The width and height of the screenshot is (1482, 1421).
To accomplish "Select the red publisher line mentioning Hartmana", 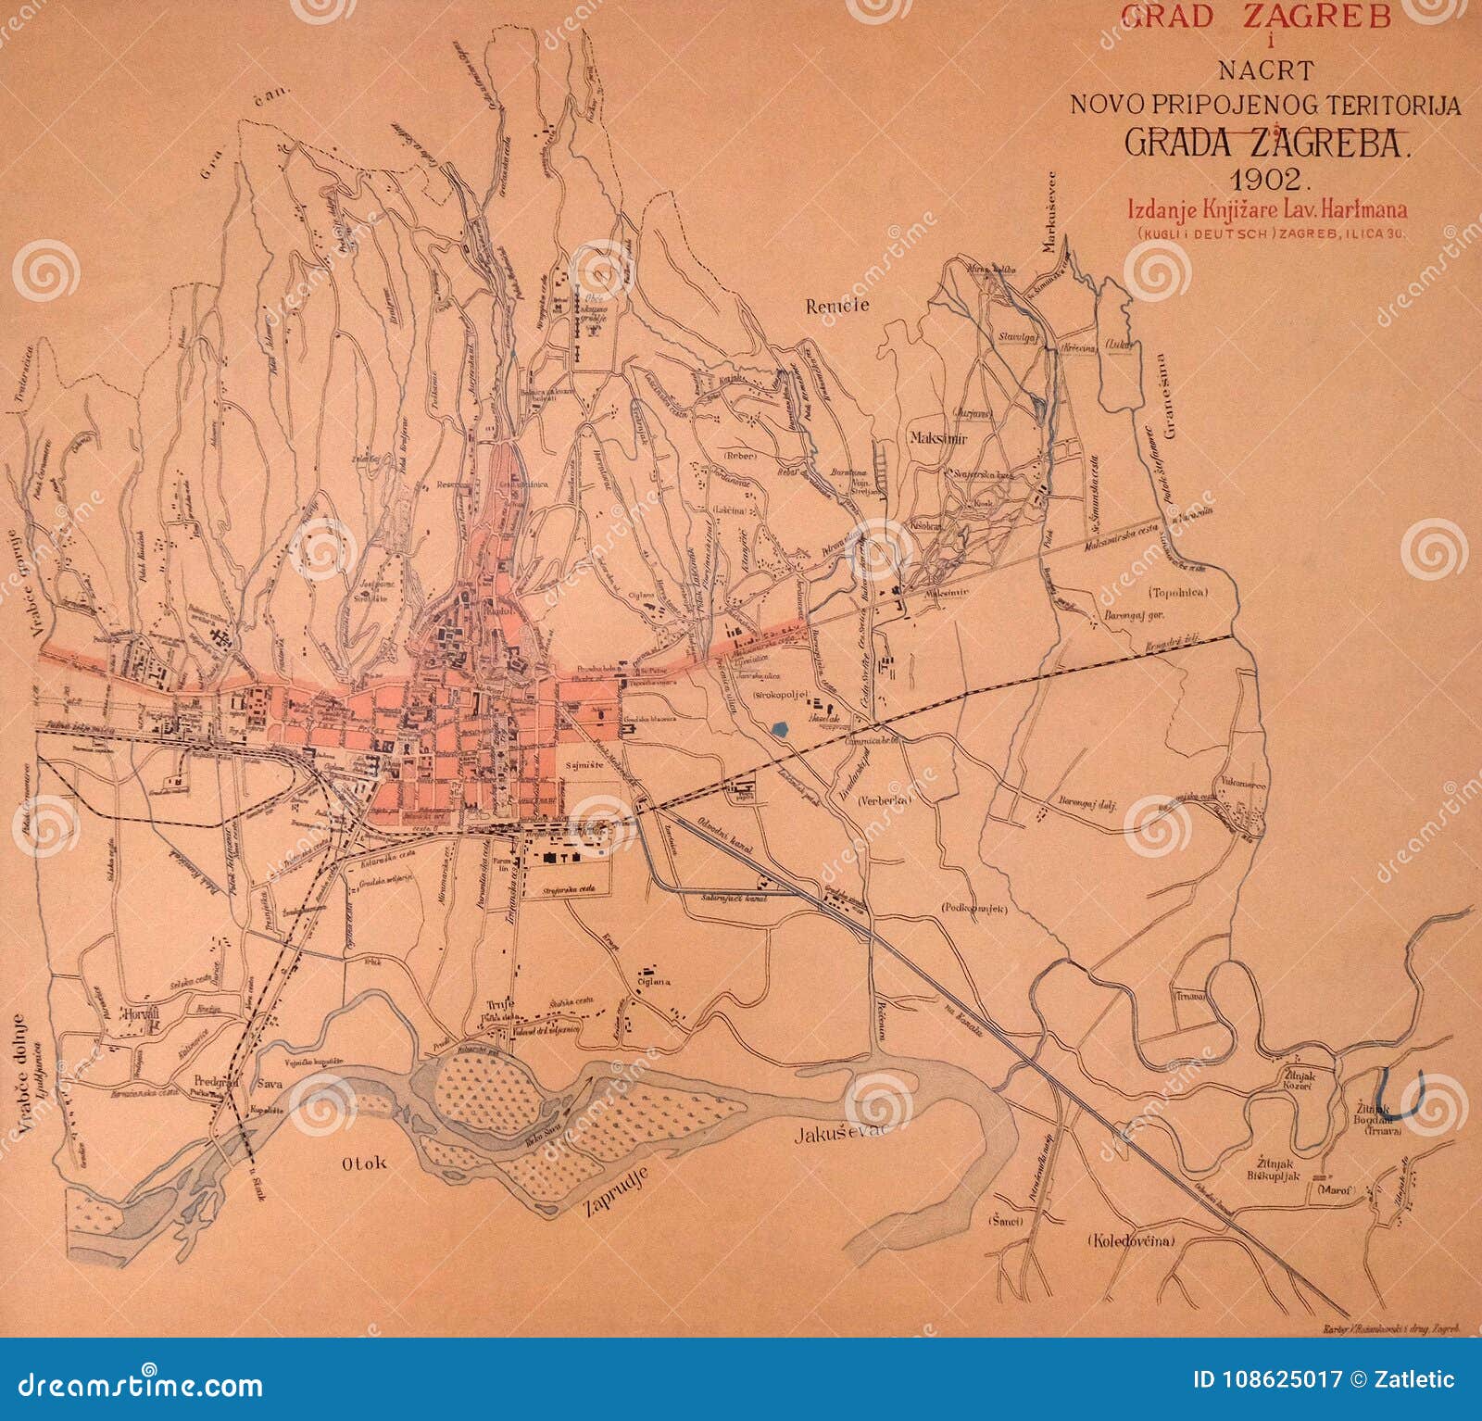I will [x=1267, y=210].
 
